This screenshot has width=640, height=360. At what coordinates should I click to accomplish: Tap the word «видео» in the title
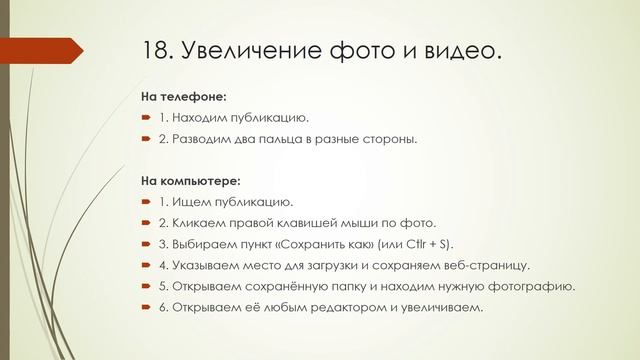click(453, 50)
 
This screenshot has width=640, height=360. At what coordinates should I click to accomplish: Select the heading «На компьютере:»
click(191, 181)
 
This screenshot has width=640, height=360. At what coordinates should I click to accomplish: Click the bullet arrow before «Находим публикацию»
click(145, 119)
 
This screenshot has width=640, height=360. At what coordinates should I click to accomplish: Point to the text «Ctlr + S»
click(425, 244)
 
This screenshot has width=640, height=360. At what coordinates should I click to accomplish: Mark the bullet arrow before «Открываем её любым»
click(145, 307)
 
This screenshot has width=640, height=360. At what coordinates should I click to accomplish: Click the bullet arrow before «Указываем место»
click(145, 265)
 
